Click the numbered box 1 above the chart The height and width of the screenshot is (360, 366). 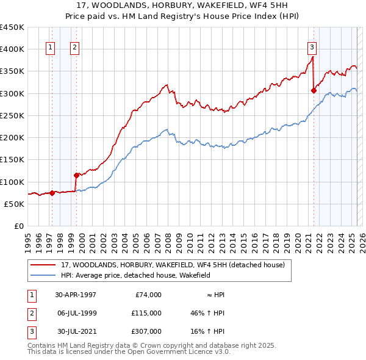(x=49, y=48)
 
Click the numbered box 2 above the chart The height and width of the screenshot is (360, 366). (x=74, y=48)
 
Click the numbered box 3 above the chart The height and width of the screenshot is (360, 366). (x=312, y=48)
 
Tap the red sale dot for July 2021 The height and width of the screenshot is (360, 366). (x=314, y=90)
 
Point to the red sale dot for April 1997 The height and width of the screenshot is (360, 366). (x=52, y=193)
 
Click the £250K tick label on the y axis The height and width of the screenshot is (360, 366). (x=12, y=115)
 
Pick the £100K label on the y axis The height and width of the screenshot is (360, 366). (x=12, y=182)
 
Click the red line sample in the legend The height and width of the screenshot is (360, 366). (x=43, y=265)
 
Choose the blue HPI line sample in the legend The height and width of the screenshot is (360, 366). (x=43, y=276)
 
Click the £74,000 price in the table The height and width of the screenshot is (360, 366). (x=146, y=295)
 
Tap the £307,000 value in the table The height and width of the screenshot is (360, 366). (x=146, y=331)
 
